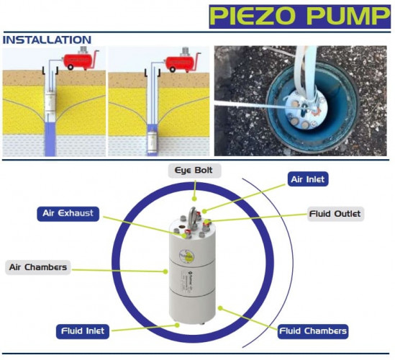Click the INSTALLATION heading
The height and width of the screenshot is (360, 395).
(47, 39)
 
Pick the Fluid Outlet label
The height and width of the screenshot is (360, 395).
(335, 214)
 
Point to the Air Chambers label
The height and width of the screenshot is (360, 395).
(38, 267)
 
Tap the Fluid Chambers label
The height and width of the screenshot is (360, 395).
(313, 331)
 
